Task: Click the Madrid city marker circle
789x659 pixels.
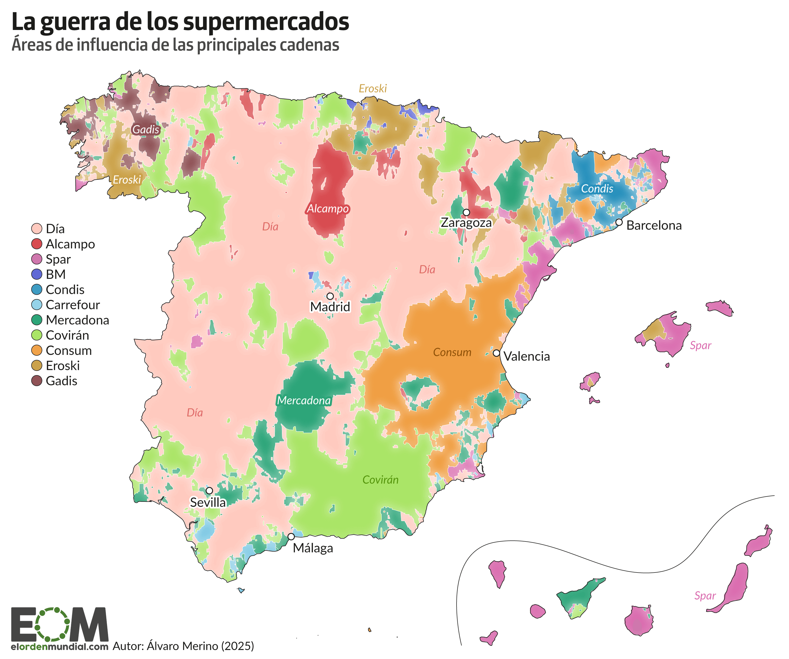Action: pyautogui.click(x=330, y=296)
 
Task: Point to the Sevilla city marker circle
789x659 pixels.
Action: pyautogui.click(x=209, y=491)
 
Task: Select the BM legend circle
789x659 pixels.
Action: pyautogui.click(x=37, y=274)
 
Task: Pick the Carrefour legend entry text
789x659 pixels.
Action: pyautogui.click(x=73, y=305)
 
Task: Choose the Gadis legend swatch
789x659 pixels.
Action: pyautogui.click(x=37, y=381)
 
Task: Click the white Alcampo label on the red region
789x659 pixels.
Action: pyautogui.click(x=328, y=209)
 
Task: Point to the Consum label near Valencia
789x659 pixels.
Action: pyautogui.click(x=452, y=352)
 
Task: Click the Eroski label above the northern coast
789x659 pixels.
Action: pyautogui.click(x=372, y=89)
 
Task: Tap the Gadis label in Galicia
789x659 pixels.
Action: pyautogui.click(x=146, y=130)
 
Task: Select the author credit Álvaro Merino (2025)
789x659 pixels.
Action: pyautogui.click(x=183, y=646)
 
